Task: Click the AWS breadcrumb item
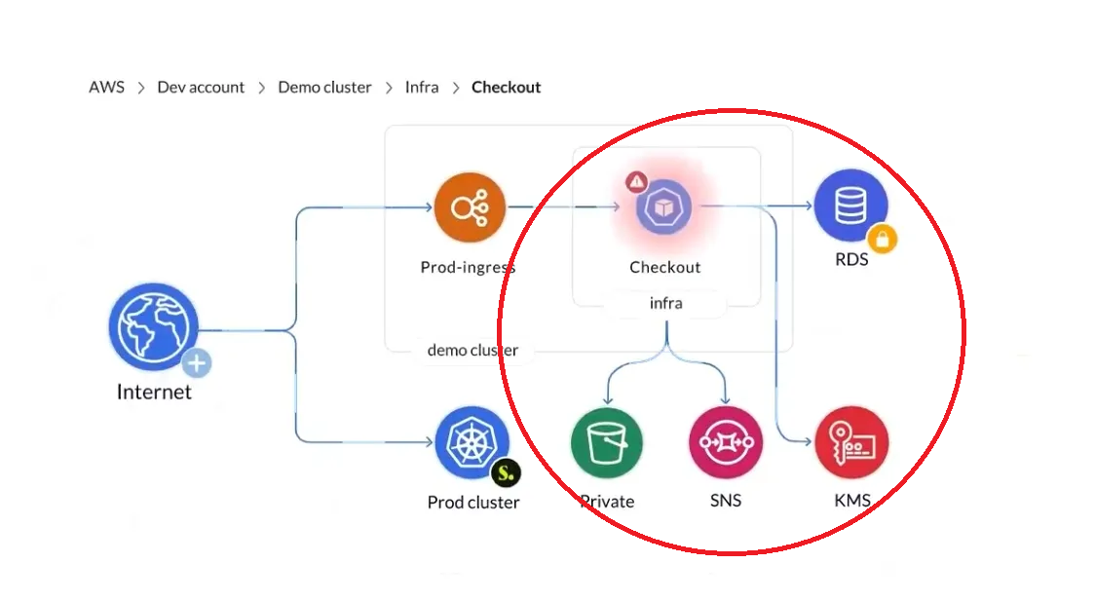tap(106, 87)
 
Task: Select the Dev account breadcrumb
tap(201, 87)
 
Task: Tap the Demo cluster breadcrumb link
tap(324, 87)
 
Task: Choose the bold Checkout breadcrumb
tap(506, 87)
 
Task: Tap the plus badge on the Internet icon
tap(197, 364)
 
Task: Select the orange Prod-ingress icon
tap(471, 207)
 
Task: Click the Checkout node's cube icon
tap(663, 207)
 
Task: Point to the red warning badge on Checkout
tap(636, 181)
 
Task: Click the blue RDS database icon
tap(850, 206)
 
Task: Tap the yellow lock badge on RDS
tap(882, 238)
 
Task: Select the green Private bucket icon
tap(607, 443)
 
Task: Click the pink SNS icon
tap(725, 443)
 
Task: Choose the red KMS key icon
tap(851, 443)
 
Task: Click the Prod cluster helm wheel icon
tap(471, 443)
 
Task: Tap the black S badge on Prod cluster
tap(505, 473)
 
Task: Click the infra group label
tap(665, 304)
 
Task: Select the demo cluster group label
tap(472, 351)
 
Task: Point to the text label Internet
tap(154, 393)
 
